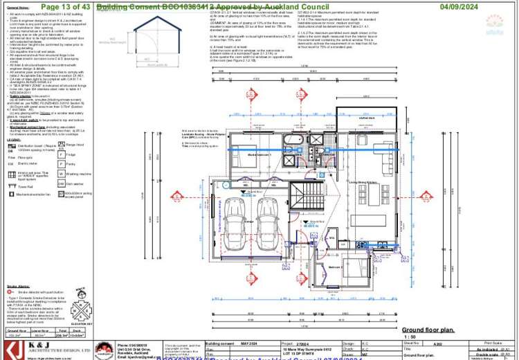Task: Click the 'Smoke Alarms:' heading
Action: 18,285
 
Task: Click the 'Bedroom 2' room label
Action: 334,267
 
